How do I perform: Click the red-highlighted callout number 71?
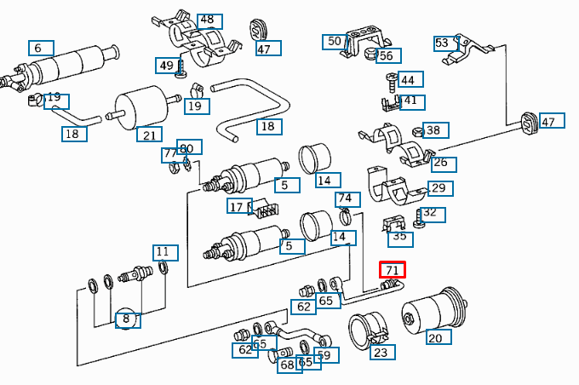pyautogui.click(x=392, y=270)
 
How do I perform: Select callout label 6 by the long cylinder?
pyautogui.click(x=39, y=49)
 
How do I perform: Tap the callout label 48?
pyautogui.click(x=207, y=20)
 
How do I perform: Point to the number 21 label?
pyautogui.click(x=149, y=135)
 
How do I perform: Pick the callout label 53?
pyautogui.click(x=443, y=43)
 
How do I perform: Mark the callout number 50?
pyautogui.click(x=334, y=41)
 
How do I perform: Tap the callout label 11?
pyautogui.click(x=165, y=252)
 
